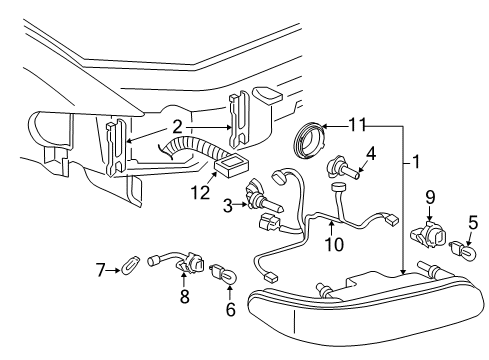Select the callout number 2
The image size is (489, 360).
point(176,126)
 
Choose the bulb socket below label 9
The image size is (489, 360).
point(430,238)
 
